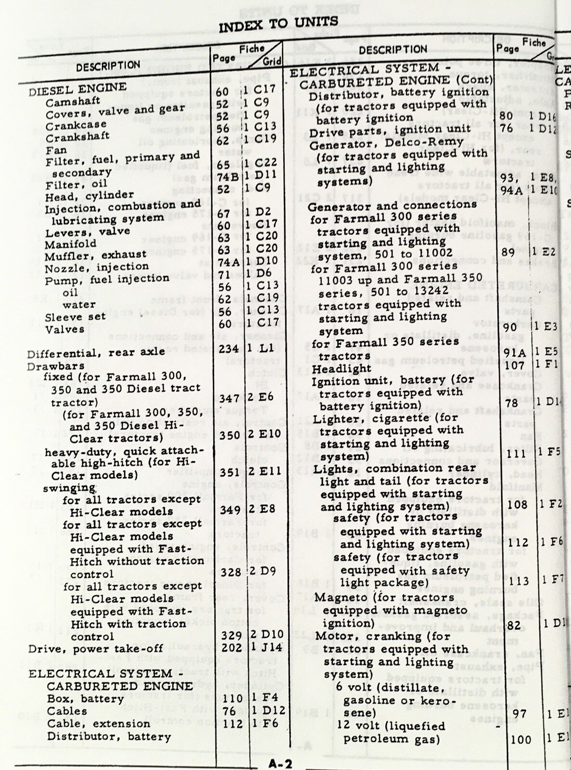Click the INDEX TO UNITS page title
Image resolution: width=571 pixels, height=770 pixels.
tap(278, 24)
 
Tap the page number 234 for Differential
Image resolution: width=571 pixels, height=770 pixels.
tap(229, 348)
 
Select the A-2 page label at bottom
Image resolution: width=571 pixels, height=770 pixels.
tap(280, 764)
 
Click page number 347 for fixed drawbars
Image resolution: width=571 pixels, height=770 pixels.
tap(230, 398)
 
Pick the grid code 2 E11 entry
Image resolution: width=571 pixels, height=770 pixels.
tap(264, 472)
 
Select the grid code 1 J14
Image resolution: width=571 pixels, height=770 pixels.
tap(266, 647)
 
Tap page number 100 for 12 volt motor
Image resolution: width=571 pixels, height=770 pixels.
tap(520, 740)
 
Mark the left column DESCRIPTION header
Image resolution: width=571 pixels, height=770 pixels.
tap(108, 66)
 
